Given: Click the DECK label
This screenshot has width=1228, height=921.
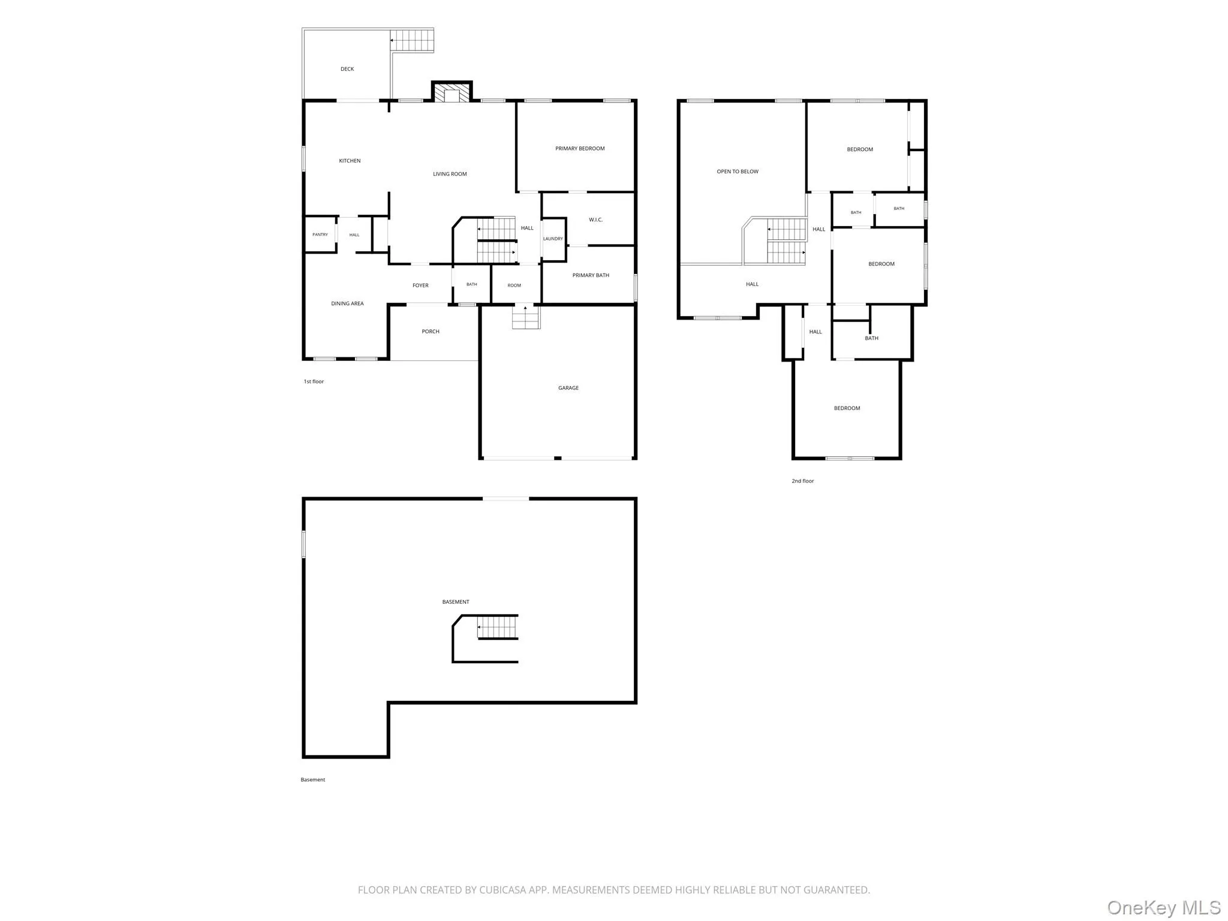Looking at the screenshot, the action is point(347,69).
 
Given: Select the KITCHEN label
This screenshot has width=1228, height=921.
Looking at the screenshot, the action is point(350,161).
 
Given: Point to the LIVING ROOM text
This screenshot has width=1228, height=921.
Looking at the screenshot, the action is point(450,174).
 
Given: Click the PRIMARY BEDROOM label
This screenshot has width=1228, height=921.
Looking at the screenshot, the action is point(580,148).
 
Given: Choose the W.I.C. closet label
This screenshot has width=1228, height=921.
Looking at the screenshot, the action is point(595,219).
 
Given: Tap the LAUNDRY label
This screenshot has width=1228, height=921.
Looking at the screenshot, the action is point(553,239).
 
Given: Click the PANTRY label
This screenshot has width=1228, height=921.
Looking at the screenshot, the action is point(320,234).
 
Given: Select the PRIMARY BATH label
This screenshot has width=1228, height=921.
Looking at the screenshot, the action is point(591,275).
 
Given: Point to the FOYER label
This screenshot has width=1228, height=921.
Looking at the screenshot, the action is point(420,285).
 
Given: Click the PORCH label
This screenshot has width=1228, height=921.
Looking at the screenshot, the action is point(431,331).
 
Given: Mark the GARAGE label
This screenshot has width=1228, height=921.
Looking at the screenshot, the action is point(568,388).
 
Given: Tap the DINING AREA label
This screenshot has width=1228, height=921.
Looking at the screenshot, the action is point(347,303).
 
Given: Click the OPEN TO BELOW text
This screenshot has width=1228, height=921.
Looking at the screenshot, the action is point(738,171).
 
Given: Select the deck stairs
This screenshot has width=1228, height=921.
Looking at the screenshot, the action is point(412,41).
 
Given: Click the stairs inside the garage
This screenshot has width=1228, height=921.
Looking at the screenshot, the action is point(526,317).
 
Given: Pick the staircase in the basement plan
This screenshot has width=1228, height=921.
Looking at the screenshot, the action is point(496,628).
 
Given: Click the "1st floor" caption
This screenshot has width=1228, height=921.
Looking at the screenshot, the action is point(314,381).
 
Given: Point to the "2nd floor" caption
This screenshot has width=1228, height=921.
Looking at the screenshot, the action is point(803,481).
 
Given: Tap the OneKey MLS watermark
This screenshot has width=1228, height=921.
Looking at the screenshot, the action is point(1164,908).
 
